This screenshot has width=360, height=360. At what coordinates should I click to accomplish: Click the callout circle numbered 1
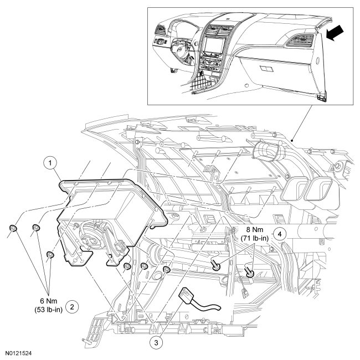51,163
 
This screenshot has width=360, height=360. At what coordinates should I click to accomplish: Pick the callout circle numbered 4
281,234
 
